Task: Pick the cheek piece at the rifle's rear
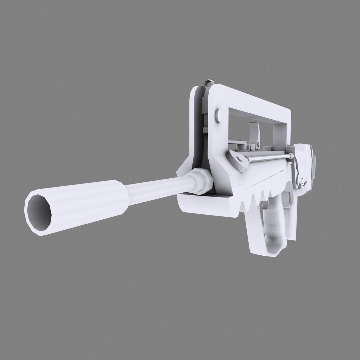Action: pos(305,167)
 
